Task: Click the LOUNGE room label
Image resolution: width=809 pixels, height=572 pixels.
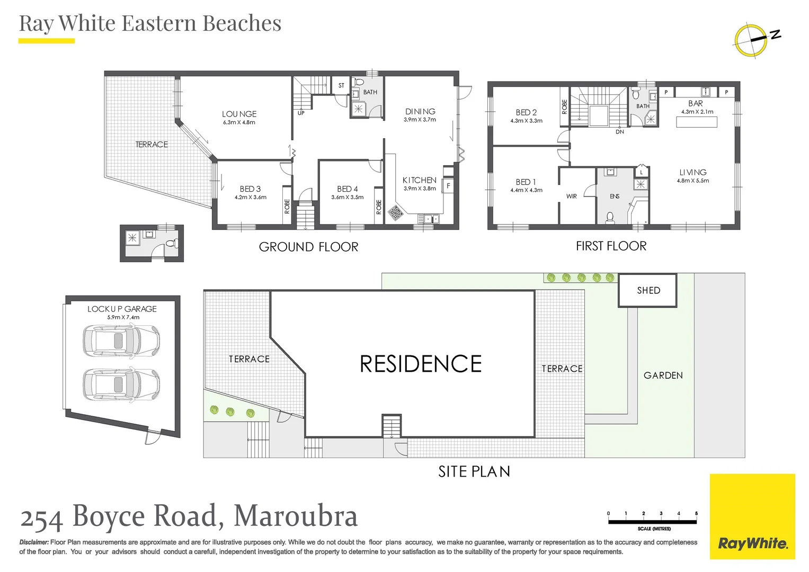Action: (x=239, y=114)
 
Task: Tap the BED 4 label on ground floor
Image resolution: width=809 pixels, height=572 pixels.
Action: (x=347, y=189)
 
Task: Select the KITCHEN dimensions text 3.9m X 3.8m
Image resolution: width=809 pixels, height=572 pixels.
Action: (x=420, y=189)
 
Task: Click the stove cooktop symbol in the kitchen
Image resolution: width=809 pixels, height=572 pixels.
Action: (x=395, y=213)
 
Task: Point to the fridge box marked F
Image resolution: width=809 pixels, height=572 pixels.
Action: (x=448, y=186)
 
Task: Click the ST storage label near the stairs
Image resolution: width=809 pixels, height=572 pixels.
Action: (x=341, y=85)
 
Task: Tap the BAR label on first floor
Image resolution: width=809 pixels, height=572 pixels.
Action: (x=695, y=103)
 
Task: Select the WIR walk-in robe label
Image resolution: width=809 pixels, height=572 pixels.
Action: (x=571, y=196)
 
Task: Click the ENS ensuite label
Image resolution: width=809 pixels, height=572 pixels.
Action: (x=614, y=196)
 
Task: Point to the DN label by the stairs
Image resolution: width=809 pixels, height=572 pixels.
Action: (x=619, y=132)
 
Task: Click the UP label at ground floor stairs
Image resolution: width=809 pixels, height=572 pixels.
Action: (x=301, y=113)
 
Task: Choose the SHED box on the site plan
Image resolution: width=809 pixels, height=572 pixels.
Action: (x=647, y=290)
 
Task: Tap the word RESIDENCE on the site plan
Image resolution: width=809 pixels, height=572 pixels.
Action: (x=420, y=364)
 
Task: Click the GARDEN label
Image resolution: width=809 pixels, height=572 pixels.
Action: (x=663, y=376)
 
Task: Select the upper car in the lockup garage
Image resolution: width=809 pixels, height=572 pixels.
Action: (x=121, y=341)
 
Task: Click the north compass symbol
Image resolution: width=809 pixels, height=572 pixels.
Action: (x=752, y=40)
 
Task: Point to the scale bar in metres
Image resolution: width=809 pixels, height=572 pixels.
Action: (x=652, y=522)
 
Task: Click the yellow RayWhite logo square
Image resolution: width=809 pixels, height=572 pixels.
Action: (x=752, y=516)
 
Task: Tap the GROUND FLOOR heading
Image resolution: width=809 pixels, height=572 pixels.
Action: (x=308, y=247)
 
